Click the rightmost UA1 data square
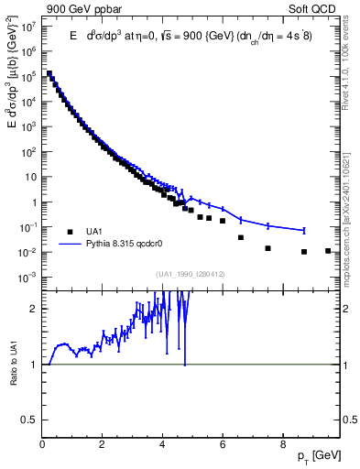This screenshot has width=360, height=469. coord(328,250)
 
